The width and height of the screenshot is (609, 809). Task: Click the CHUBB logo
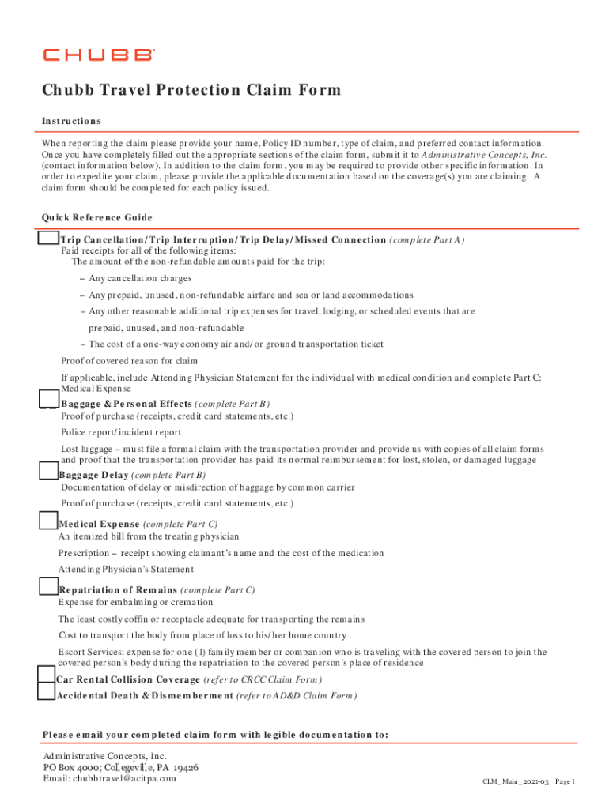99,55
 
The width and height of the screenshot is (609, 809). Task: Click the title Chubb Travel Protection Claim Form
191,90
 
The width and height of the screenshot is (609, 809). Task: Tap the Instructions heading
71,121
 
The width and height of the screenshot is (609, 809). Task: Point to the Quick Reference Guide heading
97,217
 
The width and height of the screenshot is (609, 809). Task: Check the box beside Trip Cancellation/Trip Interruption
48,238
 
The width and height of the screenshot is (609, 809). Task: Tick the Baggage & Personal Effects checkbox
48,401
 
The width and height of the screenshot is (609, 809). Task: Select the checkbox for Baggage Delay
48,472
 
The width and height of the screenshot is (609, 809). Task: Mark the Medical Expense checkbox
48,520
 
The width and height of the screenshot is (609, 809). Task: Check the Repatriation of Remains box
48,586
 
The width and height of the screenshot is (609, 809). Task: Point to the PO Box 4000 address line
120,767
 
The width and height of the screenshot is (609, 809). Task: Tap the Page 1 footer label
565,781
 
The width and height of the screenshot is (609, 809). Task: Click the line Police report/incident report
121,432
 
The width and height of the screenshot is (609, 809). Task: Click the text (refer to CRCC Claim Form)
263,679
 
